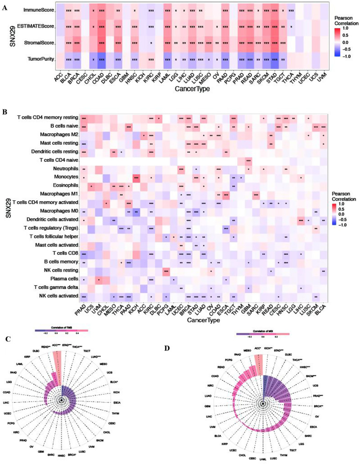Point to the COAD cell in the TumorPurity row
coord(101,59)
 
